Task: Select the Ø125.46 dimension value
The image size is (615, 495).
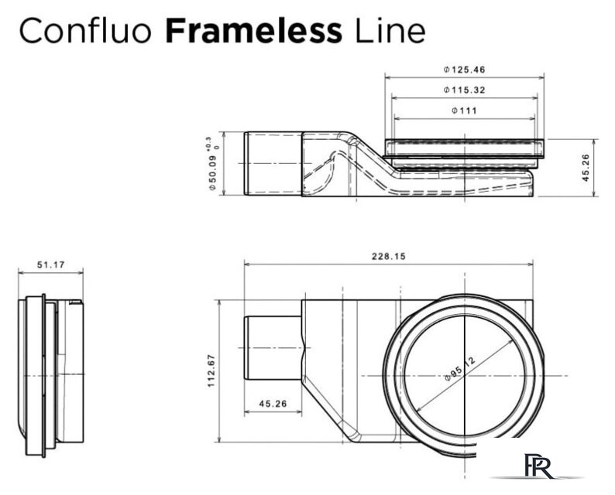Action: pos(465,70)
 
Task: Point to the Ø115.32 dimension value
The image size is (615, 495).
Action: pos(465,90)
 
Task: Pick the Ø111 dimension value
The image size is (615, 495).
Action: pos(464,111)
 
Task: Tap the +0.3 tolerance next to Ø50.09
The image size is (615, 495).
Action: pos(207,145)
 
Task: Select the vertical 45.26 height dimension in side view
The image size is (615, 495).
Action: pos(586,168)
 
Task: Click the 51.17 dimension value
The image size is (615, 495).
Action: pos(50,265)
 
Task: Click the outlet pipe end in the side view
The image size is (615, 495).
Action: pos(271,165)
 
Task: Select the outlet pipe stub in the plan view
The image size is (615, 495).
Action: pos(272,348)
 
